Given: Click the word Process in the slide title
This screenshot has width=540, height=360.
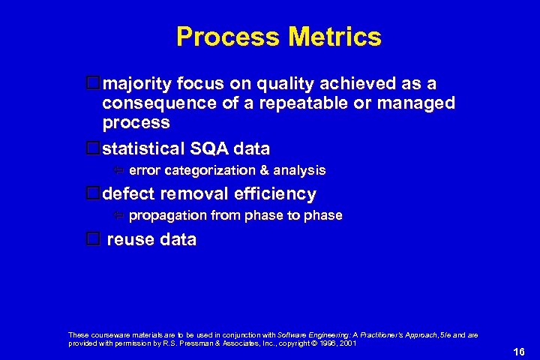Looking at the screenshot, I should coord(223,37).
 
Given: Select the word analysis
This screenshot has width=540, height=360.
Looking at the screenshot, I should coord(298,171).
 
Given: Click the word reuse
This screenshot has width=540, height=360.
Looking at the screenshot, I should coord(130,240).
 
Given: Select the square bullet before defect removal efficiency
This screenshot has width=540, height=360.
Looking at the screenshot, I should coord(93,193).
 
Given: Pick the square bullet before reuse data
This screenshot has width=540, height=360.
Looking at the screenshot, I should coord(93,240).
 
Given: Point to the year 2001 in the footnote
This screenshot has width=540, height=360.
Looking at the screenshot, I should coord(346,343).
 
